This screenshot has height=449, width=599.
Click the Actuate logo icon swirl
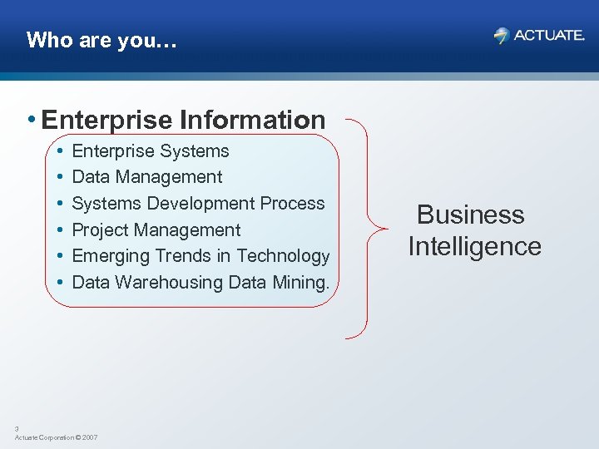tap(501, 35)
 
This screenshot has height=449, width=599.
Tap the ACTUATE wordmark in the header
tap(549, 35)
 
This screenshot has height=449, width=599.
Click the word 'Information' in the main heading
tap(251, 121)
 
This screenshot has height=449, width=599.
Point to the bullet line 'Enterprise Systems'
tap(151, 151)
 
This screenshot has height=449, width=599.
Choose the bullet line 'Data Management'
tap(147, 177)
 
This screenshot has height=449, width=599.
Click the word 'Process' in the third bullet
tap(292, 204)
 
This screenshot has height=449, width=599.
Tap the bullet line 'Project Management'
tap(156, 230)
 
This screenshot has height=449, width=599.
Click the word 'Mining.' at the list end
tap(300, 283)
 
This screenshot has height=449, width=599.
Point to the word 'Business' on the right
tap(470, 215)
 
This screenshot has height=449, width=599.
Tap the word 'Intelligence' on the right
tap(474, 247)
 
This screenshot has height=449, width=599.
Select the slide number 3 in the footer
tap(17, 429)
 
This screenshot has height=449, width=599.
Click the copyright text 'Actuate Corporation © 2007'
tap(56, 437)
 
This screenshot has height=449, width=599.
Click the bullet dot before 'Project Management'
tap(61, 230)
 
